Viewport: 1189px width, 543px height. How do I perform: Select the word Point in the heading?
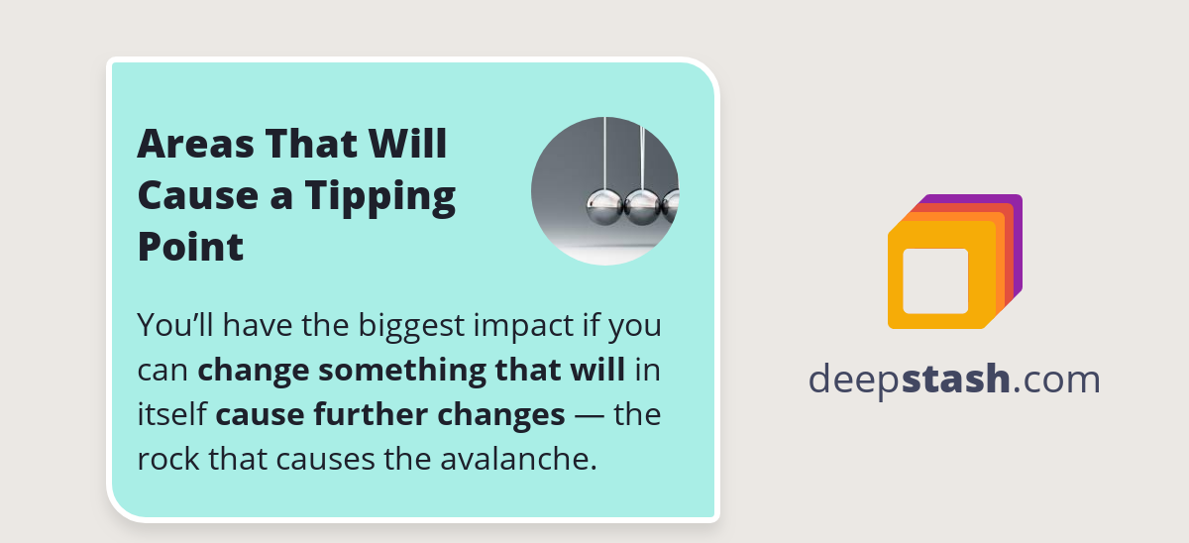click(x=190, y=247)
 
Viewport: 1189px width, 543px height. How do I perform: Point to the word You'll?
click(x=170, y=326)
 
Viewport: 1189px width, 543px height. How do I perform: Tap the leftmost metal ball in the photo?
click(x=604, y=206)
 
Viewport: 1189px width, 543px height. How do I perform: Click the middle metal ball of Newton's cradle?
click(x=643, y=206)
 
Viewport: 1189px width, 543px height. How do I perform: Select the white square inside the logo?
click(x=935, y=280)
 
